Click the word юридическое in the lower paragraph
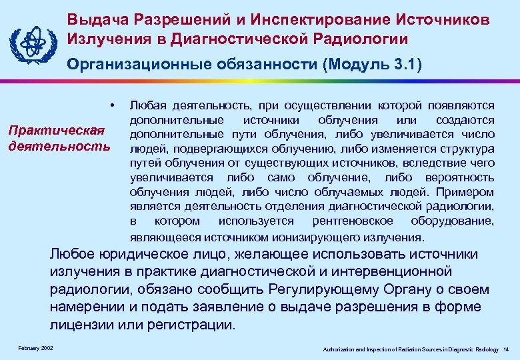click(154, 255)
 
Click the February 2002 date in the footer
click(37, 349)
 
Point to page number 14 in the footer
click(506, 349)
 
